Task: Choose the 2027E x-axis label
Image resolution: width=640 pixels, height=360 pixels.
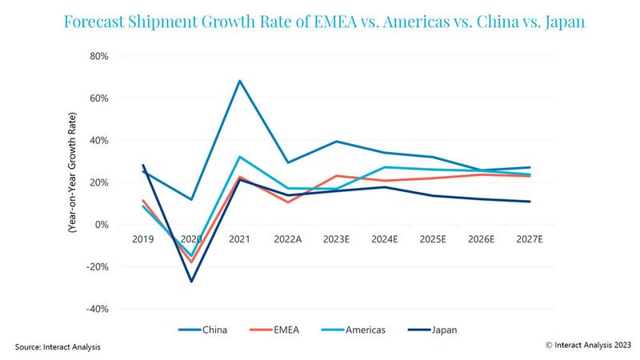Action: (x=530, y=238)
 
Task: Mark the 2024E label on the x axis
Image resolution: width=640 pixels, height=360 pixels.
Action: (x=385, y=238)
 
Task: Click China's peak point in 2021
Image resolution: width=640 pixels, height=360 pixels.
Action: (x=239, y=81)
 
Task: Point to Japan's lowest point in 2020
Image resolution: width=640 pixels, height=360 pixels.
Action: (x=191, y=282)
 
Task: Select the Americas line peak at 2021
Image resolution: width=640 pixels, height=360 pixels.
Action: (x=239, y=157)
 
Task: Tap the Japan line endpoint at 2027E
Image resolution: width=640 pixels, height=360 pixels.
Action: (x=530, y=202)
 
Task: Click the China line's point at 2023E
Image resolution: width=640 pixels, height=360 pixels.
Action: (x=336, y=142)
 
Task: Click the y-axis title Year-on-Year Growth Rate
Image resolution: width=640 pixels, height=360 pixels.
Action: (x=71, y=182)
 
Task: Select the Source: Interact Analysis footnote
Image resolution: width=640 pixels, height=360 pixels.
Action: (x=58, y=346)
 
